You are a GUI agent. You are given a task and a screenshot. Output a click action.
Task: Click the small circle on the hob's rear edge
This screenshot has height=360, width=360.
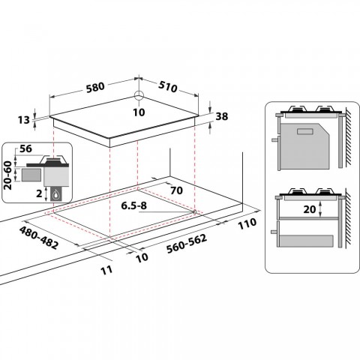tap(139, 96)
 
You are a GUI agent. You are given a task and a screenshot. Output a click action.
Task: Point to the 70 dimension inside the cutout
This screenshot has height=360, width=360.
tap(177, 190)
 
